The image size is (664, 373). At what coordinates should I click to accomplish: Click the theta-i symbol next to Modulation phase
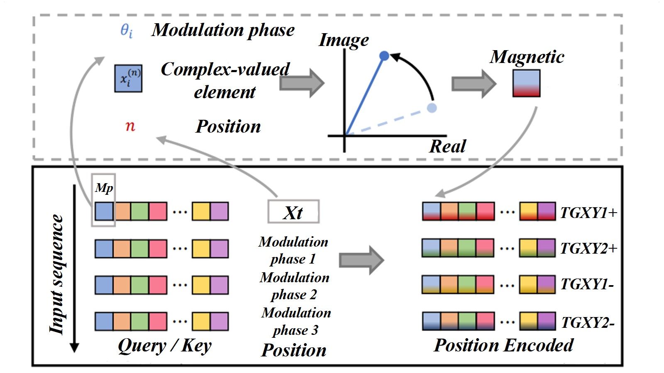tap(127, 30)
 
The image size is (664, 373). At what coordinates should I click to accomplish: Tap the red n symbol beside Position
tap(130, 126)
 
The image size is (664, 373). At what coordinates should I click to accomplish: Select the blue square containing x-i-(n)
tap(128, 78)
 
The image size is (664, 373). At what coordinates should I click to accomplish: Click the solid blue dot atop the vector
tap(385, 56)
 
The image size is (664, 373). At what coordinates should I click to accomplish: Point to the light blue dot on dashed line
tap(432, 108)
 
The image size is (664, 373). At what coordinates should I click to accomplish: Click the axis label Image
tap(344, 40)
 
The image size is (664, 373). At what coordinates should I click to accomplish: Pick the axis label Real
tap(447, 146)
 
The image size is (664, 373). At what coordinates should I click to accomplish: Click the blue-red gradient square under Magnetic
tap(526, 83)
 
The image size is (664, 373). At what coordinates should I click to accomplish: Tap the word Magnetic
tap(527, 57)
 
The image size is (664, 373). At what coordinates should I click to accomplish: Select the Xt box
tap(293, 212)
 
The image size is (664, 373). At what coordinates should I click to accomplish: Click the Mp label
tap(104, 188)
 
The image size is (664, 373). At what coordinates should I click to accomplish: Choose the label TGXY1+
tap(588, 213)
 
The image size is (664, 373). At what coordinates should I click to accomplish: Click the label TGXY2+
tap(588, 248)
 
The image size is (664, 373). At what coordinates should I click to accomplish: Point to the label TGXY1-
tap(587, 284)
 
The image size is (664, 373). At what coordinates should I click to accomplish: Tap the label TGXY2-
tap(588, 322)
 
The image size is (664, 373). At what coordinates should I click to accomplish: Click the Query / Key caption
tap(165, 346)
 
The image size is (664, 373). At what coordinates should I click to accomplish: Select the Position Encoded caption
tap(503, 345)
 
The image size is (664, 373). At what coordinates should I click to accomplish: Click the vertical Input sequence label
tap(57, 274)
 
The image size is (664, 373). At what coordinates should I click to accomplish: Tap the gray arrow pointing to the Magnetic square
tap(474, 84)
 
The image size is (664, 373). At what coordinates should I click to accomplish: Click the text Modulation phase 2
tap(295, 286)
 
